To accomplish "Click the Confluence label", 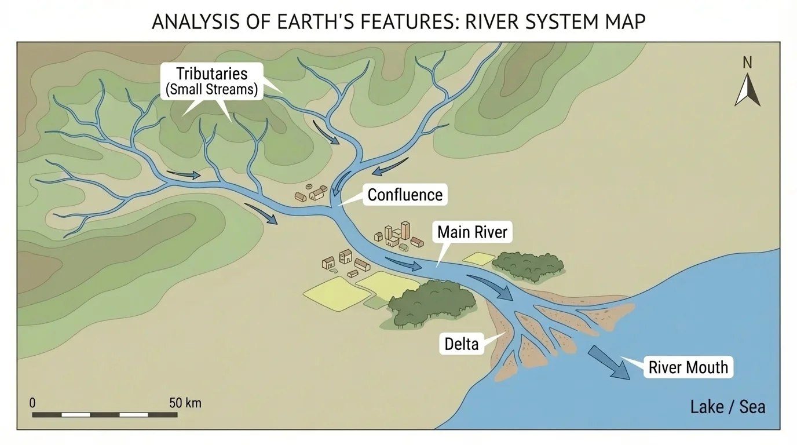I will click(405, 195).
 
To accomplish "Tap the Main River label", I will click(472, 232).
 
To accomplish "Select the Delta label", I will click(462, 344).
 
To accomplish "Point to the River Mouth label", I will click(688, 367).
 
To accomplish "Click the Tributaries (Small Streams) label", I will click(211, 81).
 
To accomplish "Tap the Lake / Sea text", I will click(727, 407).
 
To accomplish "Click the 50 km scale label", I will click(185, 403).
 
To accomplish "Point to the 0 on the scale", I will click(32, 403).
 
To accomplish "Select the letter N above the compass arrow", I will click(747, 63).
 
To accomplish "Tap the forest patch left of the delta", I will click(432, 302).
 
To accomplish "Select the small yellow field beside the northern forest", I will click(478, 259).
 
